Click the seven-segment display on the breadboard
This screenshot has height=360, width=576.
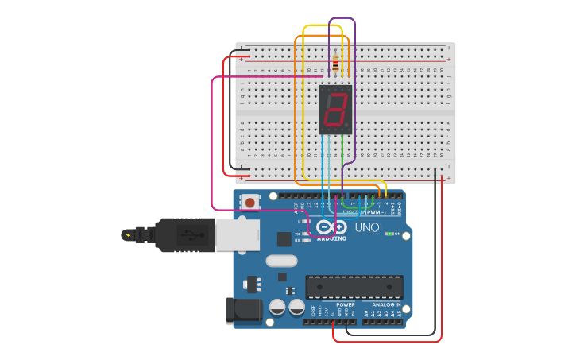point(335,110)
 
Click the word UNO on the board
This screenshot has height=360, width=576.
point(366,227)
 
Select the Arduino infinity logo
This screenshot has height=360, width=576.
point(331,227)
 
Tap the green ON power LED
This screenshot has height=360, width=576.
point(389,234)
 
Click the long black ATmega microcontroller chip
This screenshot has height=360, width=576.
point(354,287)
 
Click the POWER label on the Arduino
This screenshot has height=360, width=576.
point(346,304)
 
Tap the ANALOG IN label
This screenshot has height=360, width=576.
point(386,304)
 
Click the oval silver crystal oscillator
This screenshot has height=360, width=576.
point(281,261)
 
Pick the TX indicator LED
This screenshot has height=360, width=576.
point(306,234)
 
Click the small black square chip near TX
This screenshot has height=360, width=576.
point(284,238)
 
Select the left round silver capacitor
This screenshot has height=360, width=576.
point(277,307)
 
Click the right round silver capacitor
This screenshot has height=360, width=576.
point(297,307)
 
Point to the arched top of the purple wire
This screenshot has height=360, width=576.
point(342,18)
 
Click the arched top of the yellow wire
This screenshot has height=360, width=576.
point(323,25)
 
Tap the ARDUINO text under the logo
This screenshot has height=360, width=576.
point(331,238)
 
